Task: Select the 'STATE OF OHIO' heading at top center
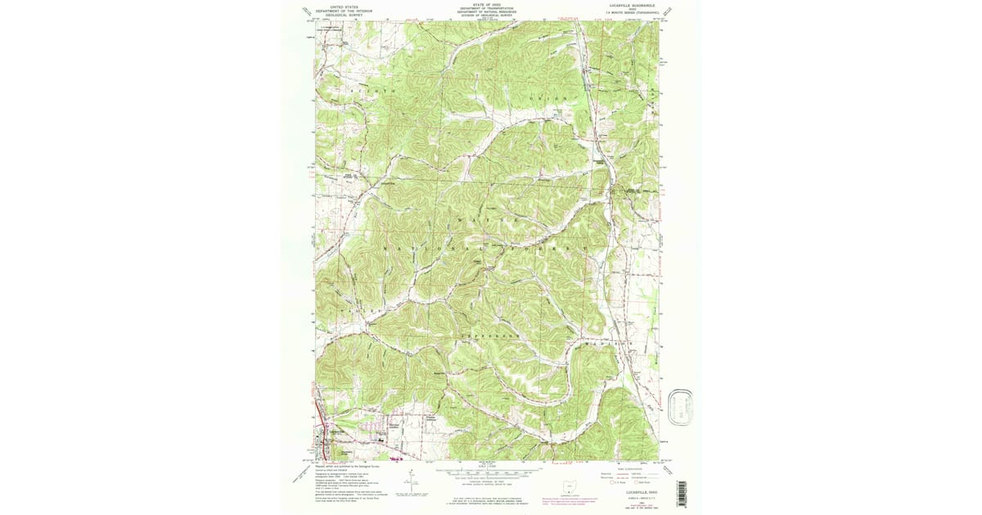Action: (x=488, y=4)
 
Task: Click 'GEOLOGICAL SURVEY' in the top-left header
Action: (x=344, y=14)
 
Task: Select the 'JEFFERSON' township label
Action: (x=490, y=336)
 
